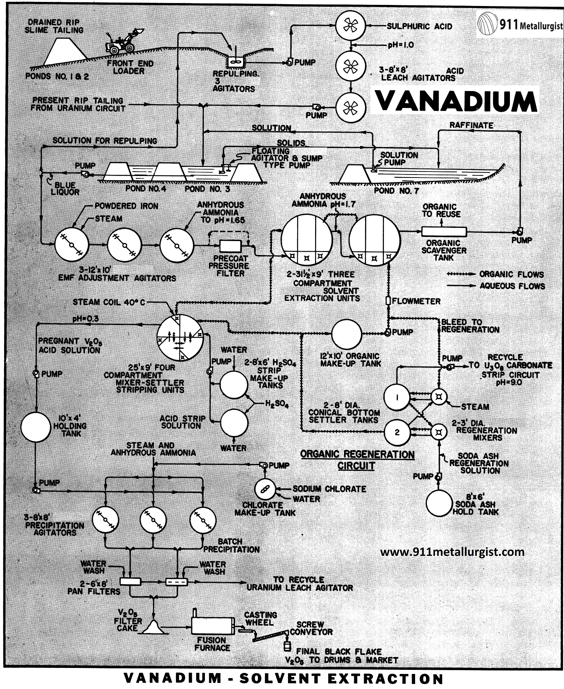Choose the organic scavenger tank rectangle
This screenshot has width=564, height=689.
tap(444, 232)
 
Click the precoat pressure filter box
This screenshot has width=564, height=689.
tap(230, 246)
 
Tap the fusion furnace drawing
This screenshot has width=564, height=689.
tap(213, 625)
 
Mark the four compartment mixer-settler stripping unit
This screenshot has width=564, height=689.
tap(181, 337)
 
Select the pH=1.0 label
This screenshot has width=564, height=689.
tap(401, 45)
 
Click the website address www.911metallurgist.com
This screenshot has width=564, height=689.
tap(452, 552)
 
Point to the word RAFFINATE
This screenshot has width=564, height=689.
tap(472, 126)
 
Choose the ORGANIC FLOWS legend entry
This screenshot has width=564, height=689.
tap(496, 274)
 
